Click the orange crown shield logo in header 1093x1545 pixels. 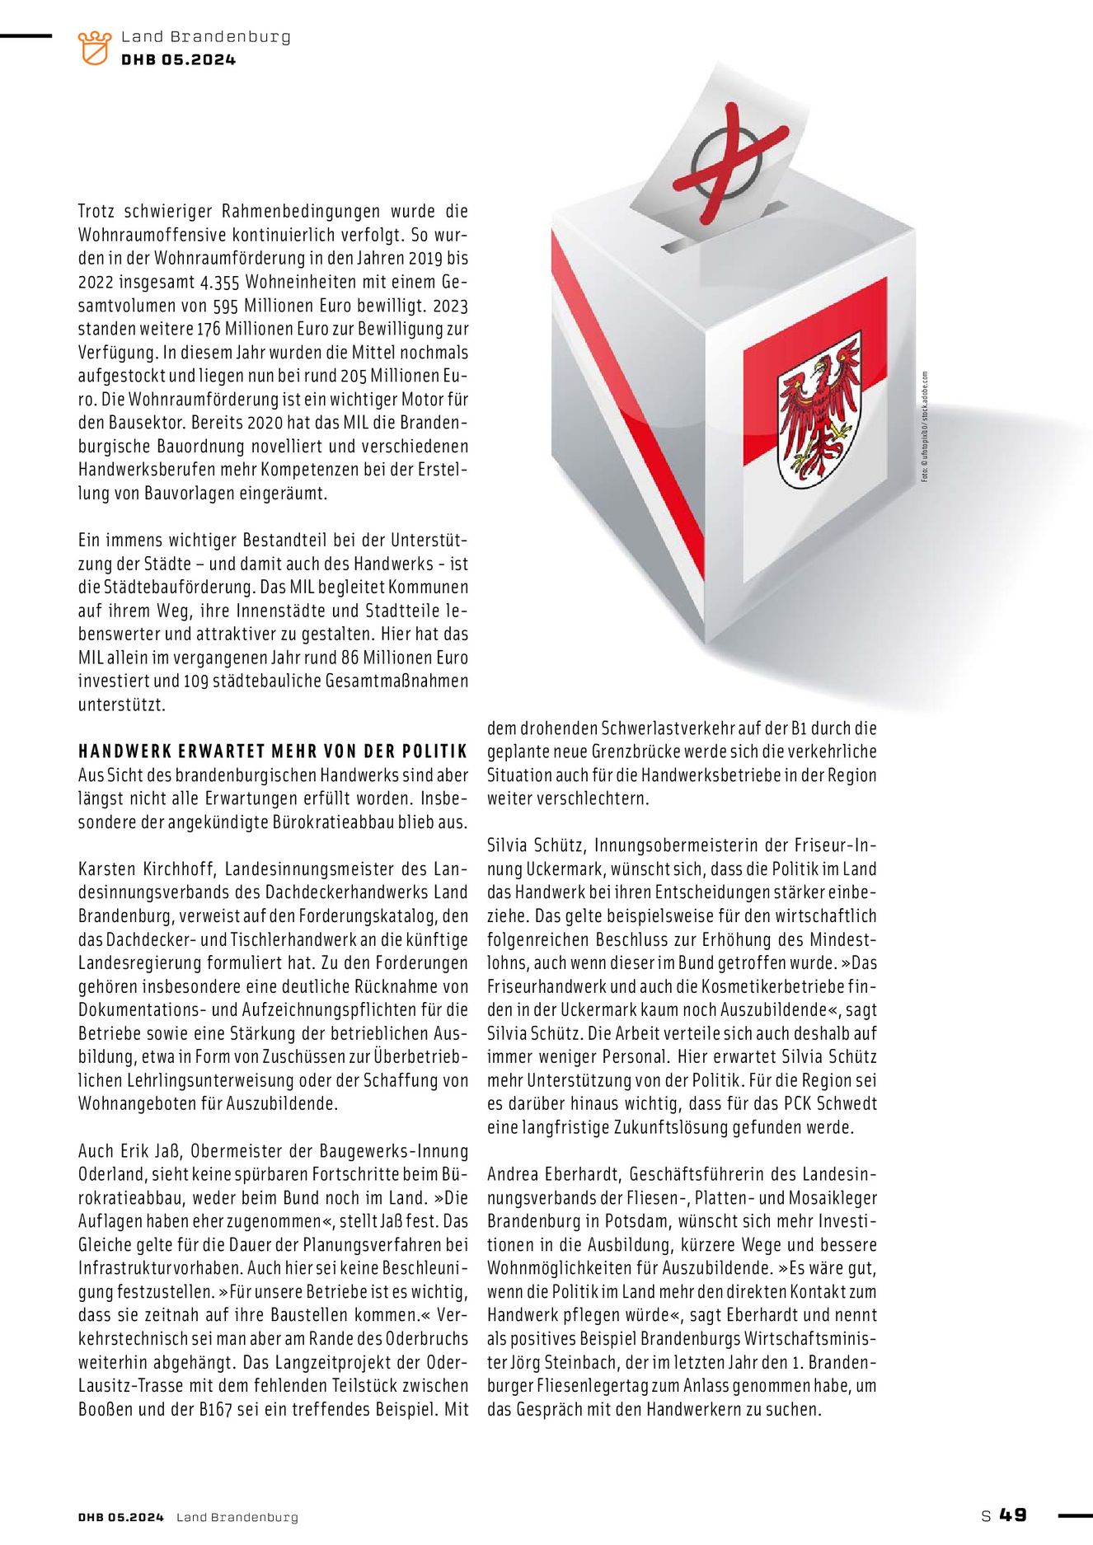point(94,48)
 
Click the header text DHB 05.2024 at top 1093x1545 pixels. point(178,59)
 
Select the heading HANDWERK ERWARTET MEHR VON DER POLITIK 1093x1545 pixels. point(273,751)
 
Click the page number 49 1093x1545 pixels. point(1014,1515)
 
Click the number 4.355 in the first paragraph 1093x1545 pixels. point(218,281)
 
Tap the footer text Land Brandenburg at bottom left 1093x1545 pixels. point(237,1517)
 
